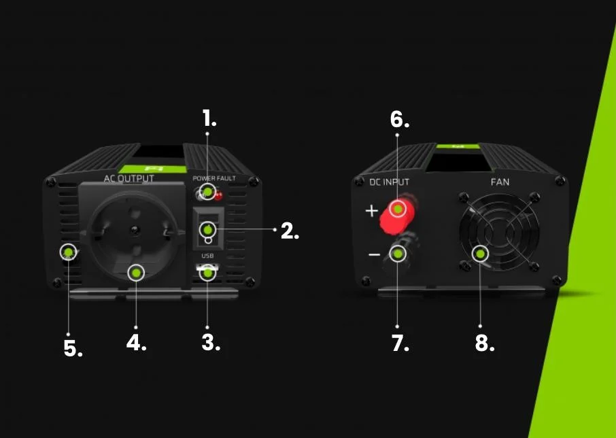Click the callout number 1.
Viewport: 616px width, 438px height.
point(209,118)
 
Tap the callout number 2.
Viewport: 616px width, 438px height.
point(290,231)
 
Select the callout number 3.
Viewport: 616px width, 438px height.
point(211,342)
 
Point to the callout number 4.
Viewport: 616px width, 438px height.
point(136,342)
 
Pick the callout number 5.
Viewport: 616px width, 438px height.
point(73,348)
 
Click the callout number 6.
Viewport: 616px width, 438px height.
point(400,119)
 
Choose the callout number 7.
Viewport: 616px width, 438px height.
point(400,343)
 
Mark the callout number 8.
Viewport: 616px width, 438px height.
point(484,343)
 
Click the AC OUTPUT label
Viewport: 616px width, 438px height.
point(129,179)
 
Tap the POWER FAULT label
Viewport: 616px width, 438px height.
point(214,178)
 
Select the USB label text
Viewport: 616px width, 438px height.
point(207,256)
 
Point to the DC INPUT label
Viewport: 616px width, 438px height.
point(389,182)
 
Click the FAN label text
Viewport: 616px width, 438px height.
point(500,182)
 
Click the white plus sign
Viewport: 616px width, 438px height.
point(372,211)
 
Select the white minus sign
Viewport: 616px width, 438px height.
point(375,255)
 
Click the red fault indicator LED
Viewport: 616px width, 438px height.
point(218,195)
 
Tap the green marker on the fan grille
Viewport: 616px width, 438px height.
point(480,254)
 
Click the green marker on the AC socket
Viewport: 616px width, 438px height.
point(136,273)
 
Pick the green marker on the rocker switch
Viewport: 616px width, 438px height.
point(207,229)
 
